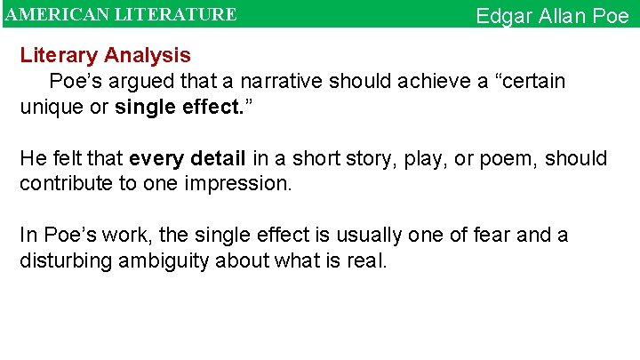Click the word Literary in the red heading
tap(59, 55)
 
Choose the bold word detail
tap(215, 159)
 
